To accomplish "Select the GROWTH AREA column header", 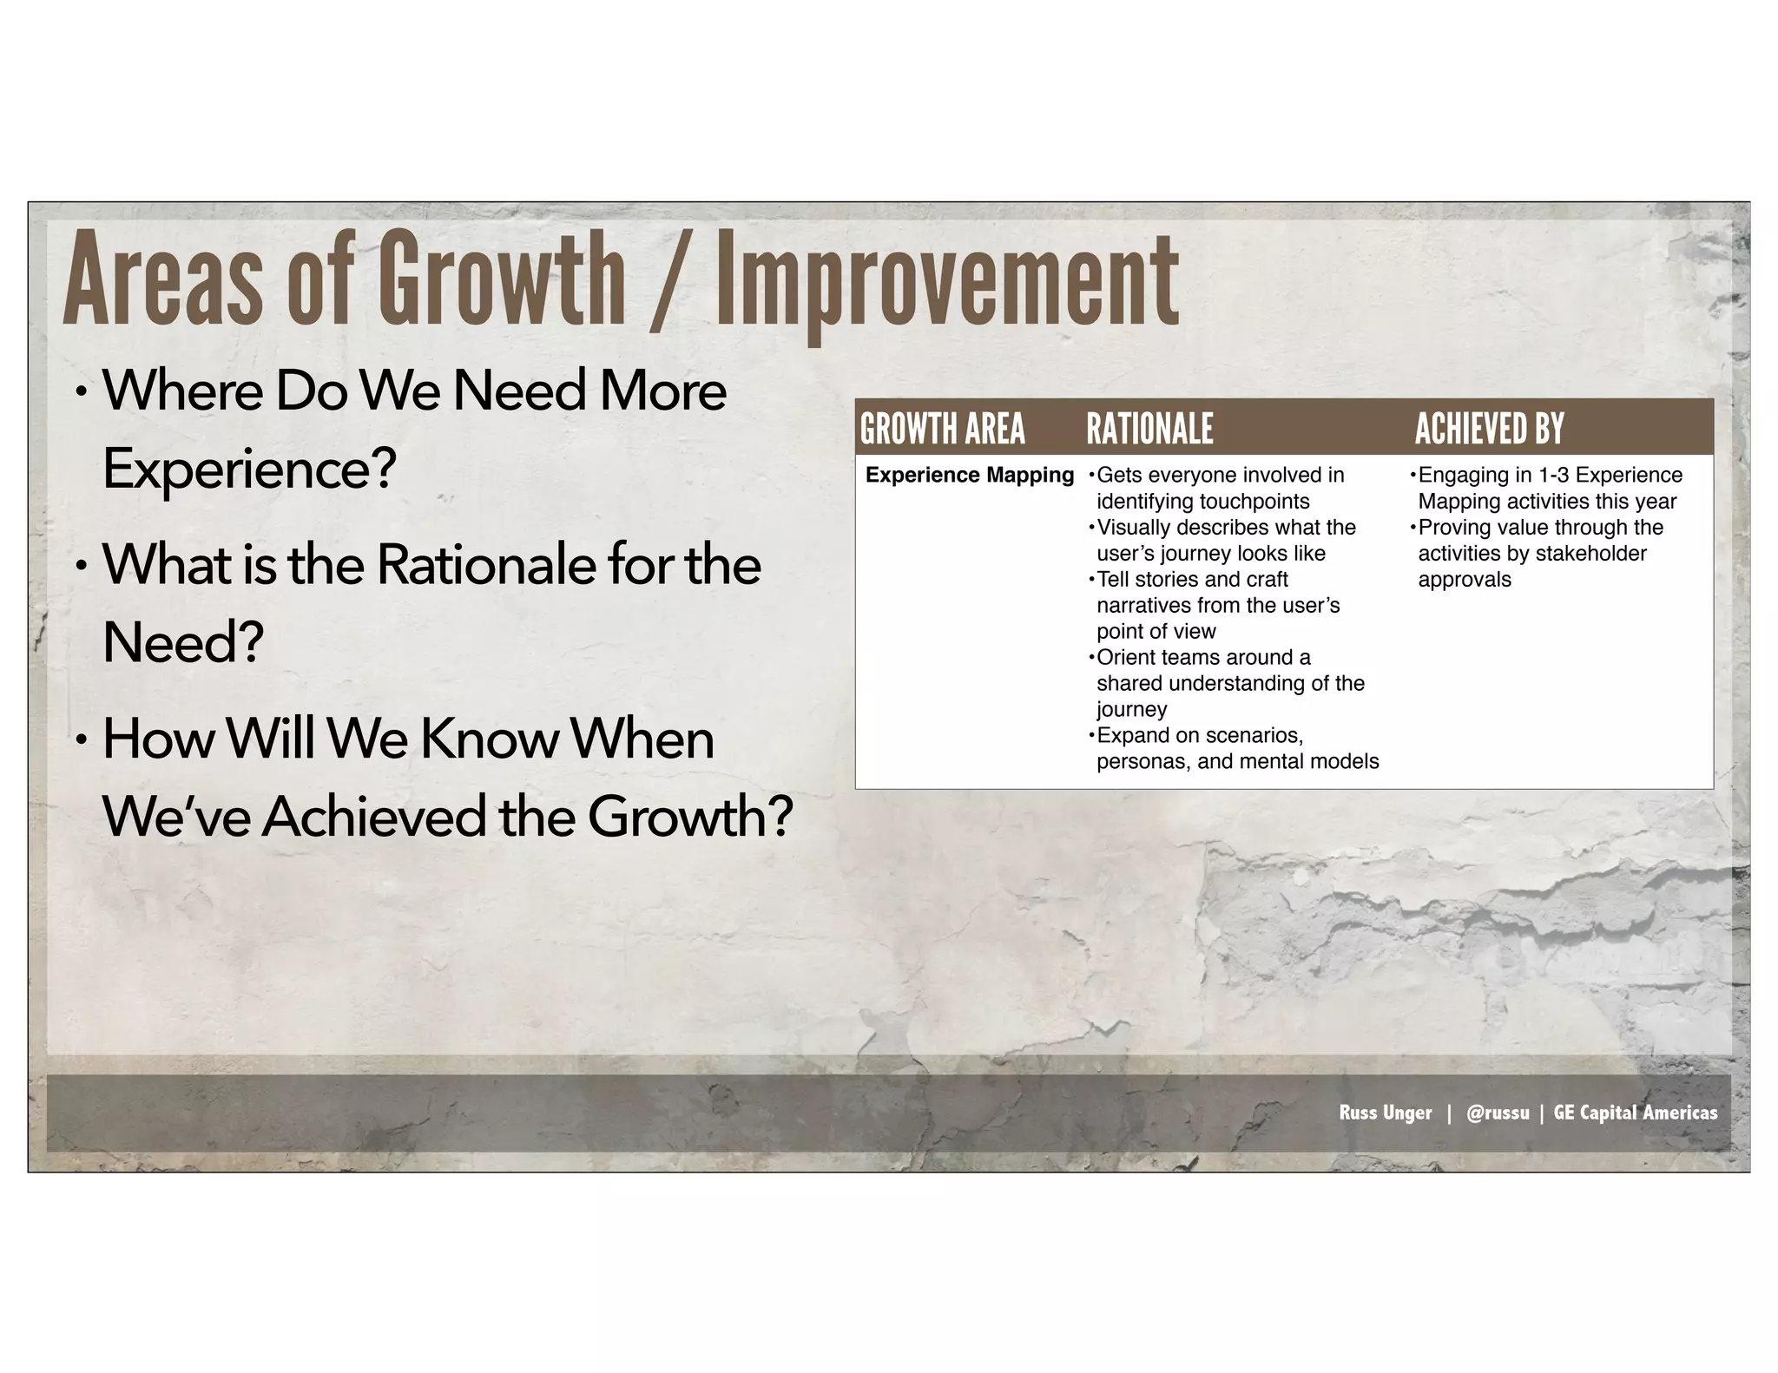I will [x=942, y=429].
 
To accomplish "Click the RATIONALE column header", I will [x=1149, y=429].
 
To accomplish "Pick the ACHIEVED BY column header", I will [x=1489, y=429].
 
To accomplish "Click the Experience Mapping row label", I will [x=969, y=476].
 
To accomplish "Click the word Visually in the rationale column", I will [x=1134, y=528].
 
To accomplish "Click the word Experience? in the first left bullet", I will [x=249, y=470].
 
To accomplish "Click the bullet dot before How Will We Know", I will [x=81, y=740].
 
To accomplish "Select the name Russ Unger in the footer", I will [x=1385, y=1113].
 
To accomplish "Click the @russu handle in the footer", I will [x=1497, y=1113].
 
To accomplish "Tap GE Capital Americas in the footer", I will [x=1635, y=1113].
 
